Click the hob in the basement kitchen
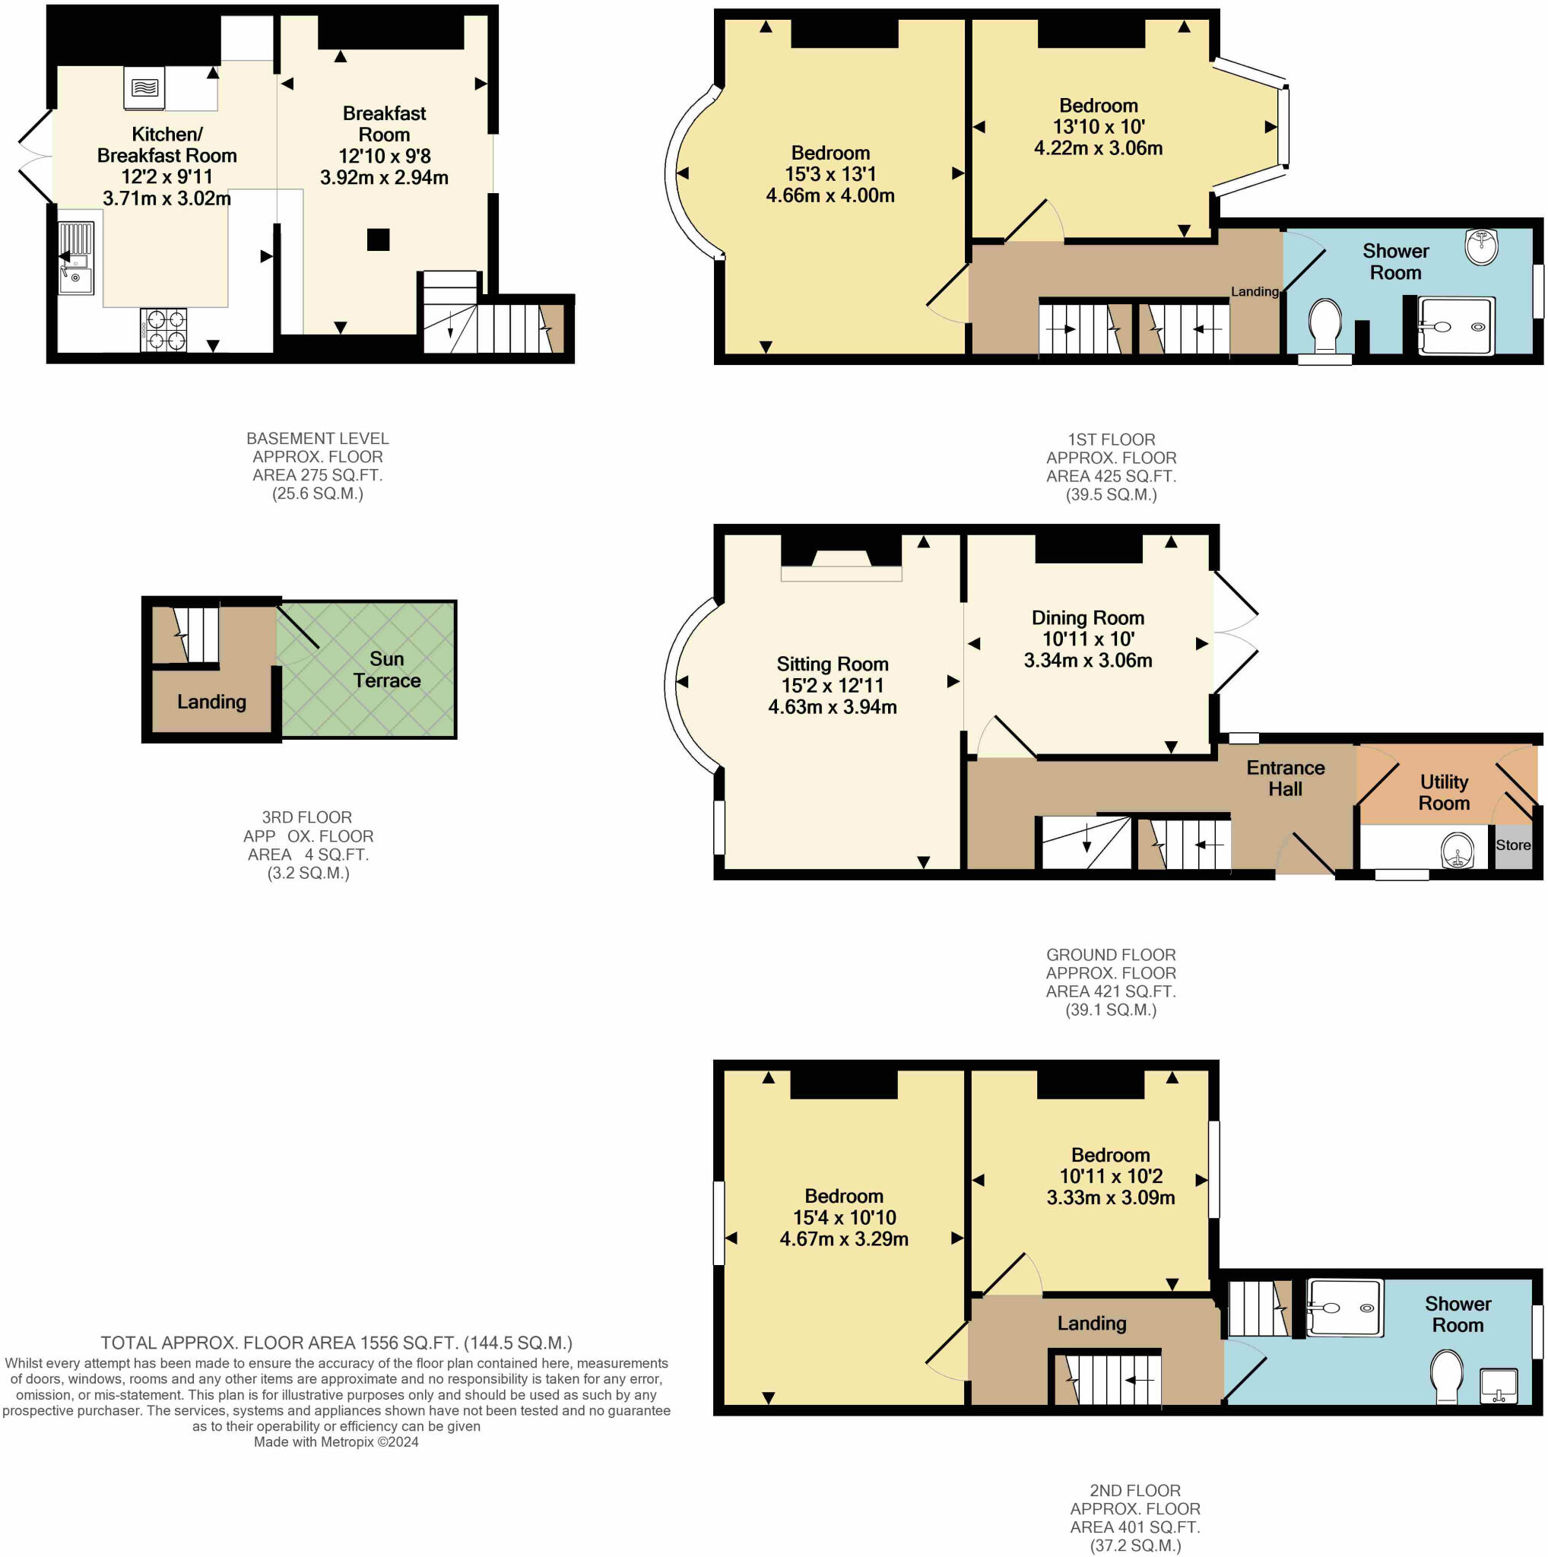[x=163, y=330]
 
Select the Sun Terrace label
[x=387, y=670]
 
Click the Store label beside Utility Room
[x=1512, y=845]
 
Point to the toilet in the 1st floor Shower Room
[x=1325, y=325]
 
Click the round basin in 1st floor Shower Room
[x=1481, y=246]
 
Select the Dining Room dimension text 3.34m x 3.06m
[x=1088, y=661]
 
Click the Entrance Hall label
[x=1285, y=778]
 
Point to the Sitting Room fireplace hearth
[x=840, y=574]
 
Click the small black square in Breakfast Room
[x=378, y=239]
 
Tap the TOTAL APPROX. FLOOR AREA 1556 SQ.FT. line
[x=336, y=1343]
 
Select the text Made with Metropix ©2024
[x=336, y=1441]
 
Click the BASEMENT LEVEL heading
[x=318, y=439]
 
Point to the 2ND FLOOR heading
[x=1134, y=1490]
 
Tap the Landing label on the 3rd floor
[x=211, y=702]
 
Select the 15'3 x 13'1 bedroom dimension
[x=830, y=174]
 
